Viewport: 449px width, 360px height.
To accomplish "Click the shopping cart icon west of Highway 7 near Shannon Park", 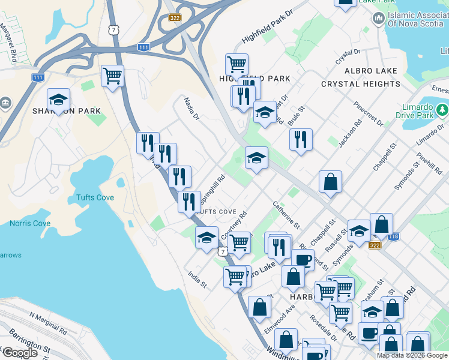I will (x=112, y=76).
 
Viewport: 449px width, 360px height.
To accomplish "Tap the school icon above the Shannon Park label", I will (x=58, y=99).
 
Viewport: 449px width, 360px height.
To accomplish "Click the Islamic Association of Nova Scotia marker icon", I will (x=378, y=18).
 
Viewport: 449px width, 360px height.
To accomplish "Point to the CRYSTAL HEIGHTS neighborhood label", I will (x=360, y=84).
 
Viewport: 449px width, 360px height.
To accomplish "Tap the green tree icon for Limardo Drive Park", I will (x=442, y=110).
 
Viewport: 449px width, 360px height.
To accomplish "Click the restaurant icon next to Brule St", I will (x=301, y=140).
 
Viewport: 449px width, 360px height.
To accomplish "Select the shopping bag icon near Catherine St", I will (x=330, y=181).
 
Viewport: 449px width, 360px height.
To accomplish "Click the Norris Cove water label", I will (x=30, y=224).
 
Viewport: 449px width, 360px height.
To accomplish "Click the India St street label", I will (x=197, y=279).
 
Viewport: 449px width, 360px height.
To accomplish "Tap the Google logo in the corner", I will (x=20, y=353).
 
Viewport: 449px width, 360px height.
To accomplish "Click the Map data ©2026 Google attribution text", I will (x=411, y=355).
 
